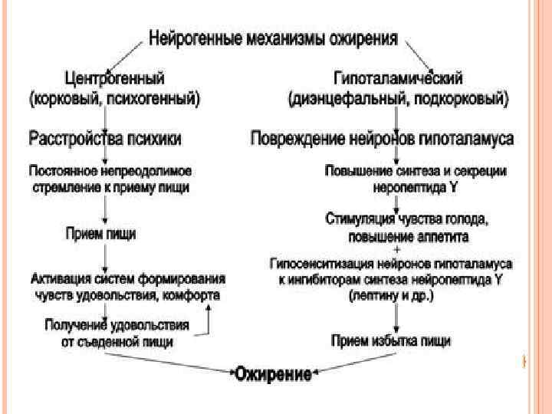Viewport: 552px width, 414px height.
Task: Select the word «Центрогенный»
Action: click(x=114, y=78)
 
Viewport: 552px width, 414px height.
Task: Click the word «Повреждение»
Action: click(x=299, y=139)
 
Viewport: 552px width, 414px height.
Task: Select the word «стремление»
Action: click(x=65, y=185)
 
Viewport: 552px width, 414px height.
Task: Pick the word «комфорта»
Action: click(x=189, y=294)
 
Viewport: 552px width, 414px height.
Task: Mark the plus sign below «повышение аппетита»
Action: click(x=396, y=248)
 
